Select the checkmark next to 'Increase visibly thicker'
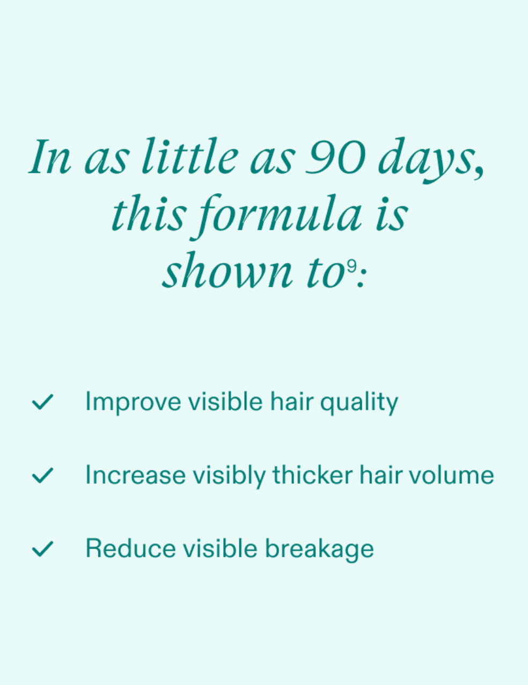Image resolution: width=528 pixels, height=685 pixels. pyautogui.click(x=42, y=475)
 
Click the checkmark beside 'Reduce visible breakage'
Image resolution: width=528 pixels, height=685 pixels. pyautogui.click(x=42, y=549)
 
